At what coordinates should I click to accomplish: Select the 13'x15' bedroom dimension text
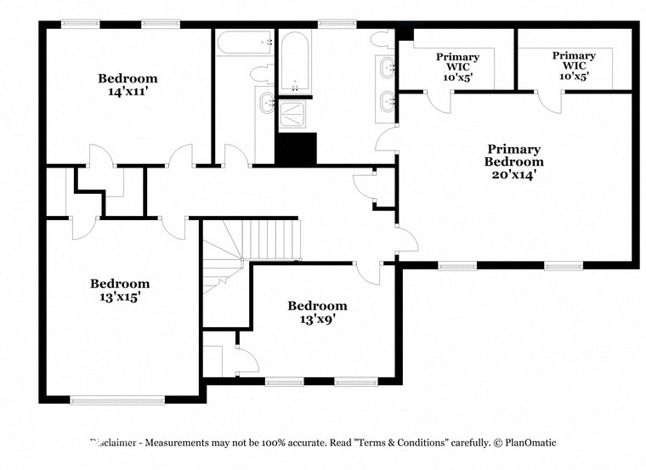coord(120,297)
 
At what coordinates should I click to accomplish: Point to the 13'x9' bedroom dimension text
coord(317,320)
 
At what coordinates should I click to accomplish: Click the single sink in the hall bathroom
coord(266,104)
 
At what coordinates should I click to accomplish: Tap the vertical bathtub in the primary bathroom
coord(296,62)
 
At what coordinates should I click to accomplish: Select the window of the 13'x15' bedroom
coord(116,399)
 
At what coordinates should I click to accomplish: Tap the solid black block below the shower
coord(296,149)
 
